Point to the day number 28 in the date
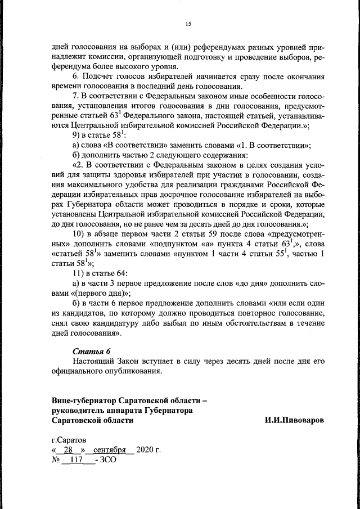(x=69, y=450)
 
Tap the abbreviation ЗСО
(x=108, y=460)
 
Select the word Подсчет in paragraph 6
(x=101, y=76)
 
